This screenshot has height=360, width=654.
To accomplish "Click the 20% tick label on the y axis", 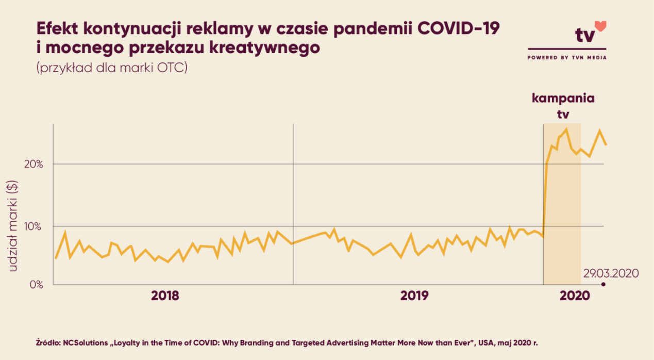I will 33,164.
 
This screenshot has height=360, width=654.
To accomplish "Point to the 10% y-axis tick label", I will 33,226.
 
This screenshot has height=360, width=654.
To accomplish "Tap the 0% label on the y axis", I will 36,284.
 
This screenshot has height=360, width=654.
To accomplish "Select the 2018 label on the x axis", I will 165,296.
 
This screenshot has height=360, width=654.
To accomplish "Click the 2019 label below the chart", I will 415,296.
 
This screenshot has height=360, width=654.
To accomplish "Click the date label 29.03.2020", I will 611,273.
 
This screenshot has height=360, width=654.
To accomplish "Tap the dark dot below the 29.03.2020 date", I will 603,284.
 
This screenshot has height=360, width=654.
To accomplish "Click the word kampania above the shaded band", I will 563,99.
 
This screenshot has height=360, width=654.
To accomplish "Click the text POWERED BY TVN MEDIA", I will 567,58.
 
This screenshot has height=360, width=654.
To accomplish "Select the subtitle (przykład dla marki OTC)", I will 111,68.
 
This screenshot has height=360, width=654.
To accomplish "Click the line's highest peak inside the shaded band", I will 566,129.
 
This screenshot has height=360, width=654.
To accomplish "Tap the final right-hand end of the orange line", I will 606,144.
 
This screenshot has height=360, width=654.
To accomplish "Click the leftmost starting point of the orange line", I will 56,257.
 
